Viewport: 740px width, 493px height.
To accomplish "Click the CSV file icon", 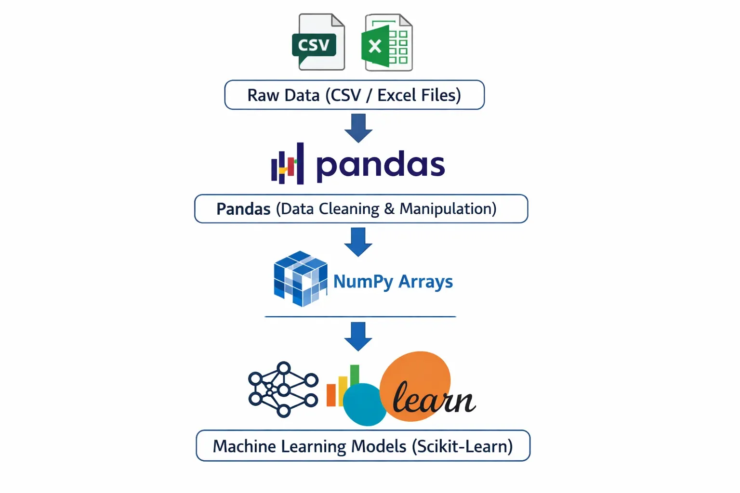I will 318,42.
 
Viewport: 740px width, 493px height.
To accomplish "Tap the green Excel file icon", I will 386,42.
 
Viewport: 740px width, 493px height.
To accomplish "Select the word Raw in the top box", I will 263,95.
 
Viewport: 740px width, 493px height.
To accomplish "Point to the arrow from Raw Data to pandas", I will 358,128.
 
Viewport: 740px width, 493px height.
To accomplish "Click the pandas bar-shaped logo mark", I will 288,164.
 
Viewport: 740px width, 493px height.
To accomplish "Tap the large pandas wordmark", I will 380,165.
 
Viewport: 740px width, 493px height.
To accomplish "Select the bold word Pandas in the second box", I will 243,209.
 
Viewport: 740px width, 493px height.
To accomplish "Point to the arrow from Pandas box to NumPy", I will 358,242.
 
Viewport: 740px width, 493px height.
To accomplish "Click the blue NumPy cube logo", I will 300,278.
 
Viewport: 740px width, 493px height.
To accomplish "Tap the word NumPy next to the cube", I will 362,282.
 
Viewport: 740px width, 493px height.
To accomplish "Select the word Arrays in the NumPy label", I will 426,282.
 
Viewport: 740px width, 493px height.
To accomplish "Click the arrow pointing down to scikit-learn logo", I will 358,336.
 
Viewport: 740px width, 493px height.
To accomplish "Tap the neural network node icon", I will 283,389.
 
